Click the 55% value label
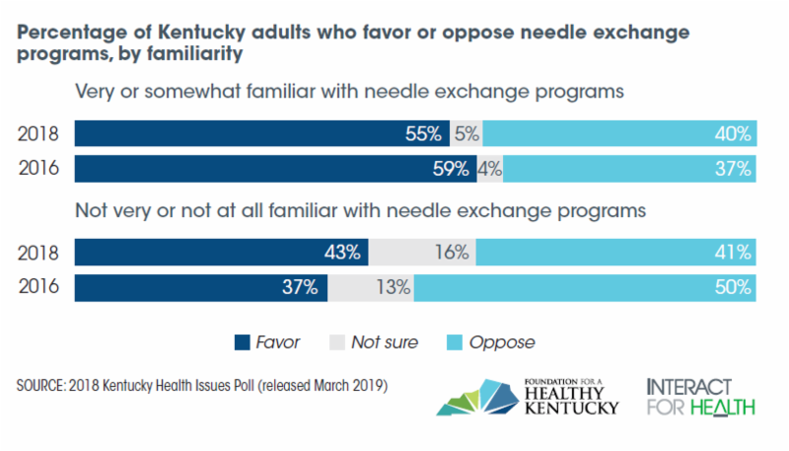pyautogui.click(x=422, y=134)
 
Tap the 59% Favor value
pyautogui.click(x=449, y=169)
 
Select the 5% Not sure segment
pyautogui.click(x=466, y=134)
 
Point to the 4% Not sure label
pyautogui.click(x=490, y=169)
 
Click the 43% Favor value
pyautogui.click(x=341, y=253)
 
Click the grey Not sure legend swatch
pyautogui.click(x=336, y=342)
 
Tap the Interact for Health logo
pyautogui.click(x=700, y=396)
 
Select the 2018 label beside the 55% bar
pyautogui.click(x=39, y=134)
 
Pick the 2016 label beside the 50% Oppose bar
pyautogui.click(x=39, y=287)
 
